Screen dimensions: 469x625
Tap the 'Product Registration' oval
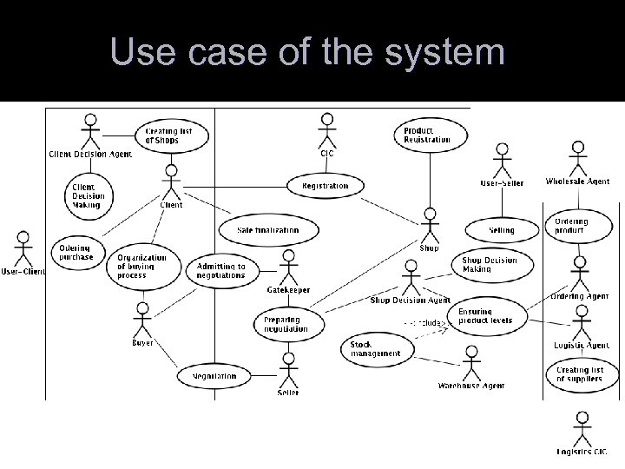pyautogui.click(x=427, y=135)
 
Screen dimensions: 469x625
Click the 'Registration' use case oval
pyautogui.click(x=326, y=186)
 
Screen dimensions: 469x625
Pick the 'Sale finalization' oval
pyautogui.click(x=267, y=230)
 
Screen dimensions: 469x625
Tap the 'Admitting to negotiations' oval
pyautogui.click(x=221, y=270)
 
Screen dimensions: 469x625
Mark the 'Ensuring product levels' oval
pyautogui.click(x=485, y=316)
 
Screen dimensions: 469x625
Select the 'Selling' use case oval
pyautogui.click(x=501, y=230)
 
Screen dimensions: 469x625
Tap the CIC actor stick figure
pyautogui.click(x=326, y=130)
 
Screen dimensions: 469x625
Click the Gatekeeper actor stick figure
pyautogui.click(x=288, y=267)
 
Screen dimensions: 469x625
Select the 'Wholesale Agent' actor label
pyautogui.click(x=577, y=182)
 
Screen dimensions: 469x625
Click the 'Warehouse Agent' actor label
pyautogui.click(x=471, y=385)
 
